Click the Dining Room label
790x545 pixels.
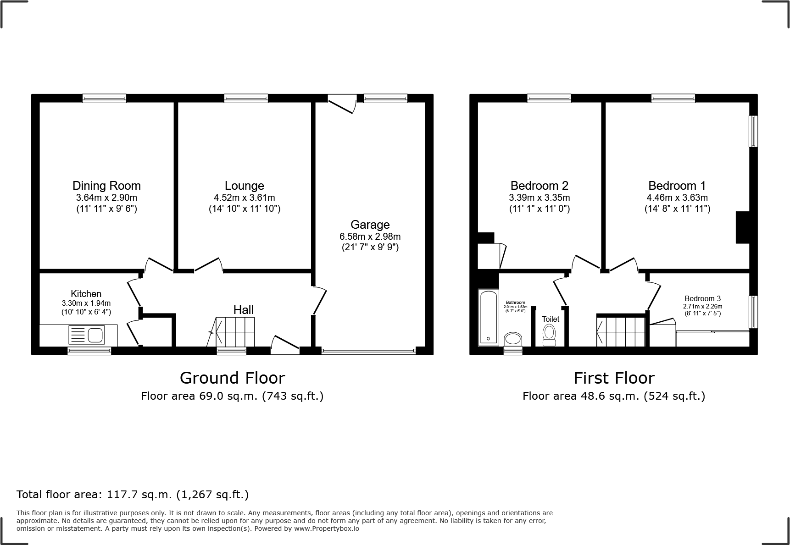tap(106, 186)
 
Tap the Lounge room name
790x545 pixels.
tap(244, 186)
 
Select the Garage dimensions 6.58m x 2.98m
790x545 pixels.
tap(370, 237)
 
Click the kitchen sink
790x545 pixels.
tap(87, 335)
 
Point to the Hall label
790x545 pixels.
tap(243, 310)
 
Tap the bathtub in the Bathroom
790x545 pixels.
tap(488, 317)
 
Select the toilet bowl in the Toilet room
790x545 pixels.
tap(549, 334)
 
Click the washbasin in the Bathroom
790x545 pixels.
tap(513, 340)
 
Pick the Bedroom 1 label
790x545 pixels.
tap(677, 186)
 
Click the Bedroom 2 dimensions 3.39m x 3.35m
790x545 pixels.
tap(539, 198)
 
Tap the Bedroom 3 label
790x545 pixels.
tap(702, 299)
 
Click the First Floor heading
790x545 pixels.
tap(614, 378)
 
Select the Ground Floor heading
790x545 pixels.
tap(232, 378)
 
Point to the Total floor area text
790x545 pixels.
tap(133, 495)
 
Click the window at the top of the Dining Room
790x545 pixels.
tap(104, 98)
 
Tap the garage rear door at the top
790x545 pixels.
tap(342, 103)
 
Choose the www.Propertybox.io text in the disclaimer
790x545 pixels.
tap(327, 528)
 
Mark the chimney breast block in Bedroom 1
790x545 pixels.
tap(742, 227)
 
